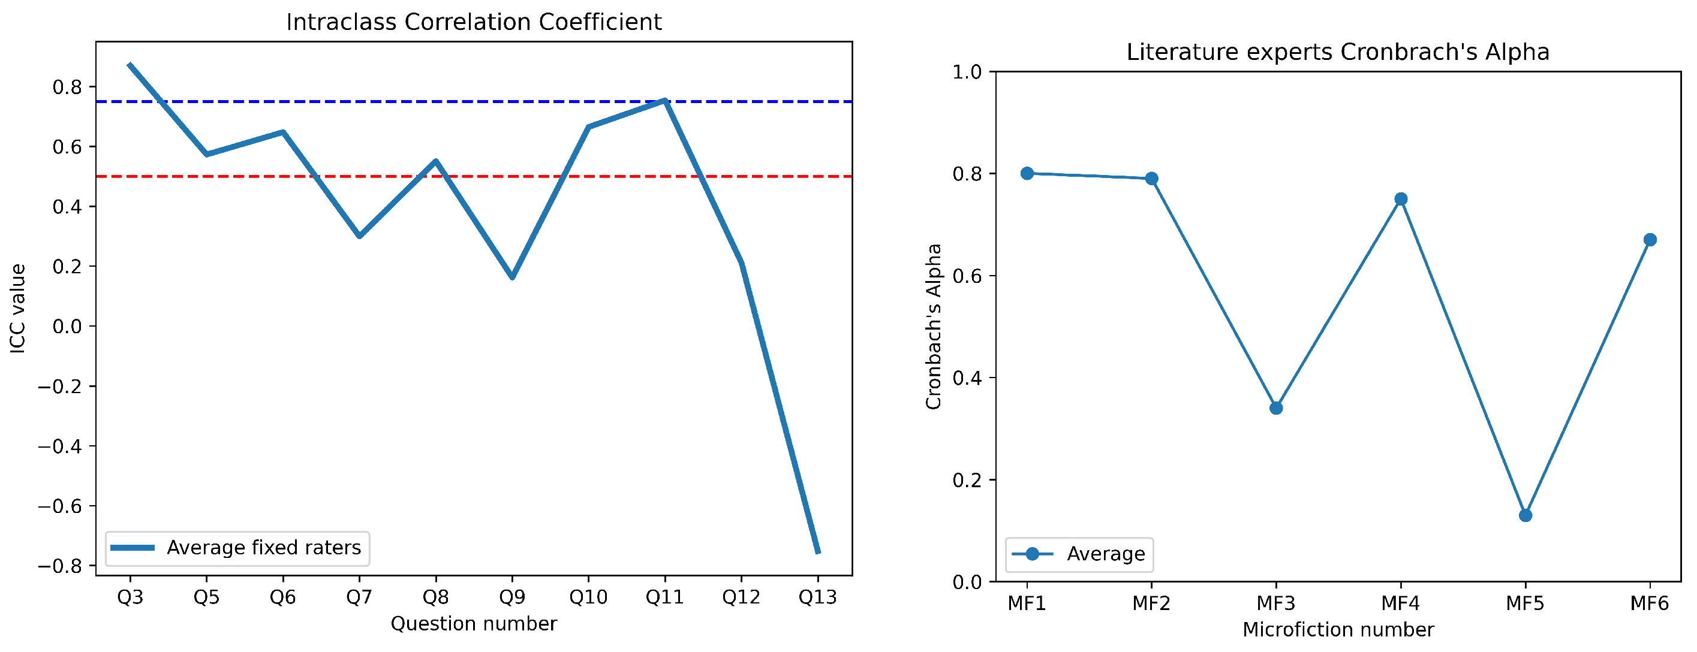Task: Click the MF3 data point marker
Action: tap(1276, 408)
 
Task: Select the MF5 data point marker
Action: tap(1525, 515)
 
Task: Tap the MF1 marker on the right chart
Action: tap(1027, 173)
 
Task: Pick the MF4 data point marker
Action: tap(1401, 199)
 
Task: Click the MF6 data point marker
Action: tap(1650, 240)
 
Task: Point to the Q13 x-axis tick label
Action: tap(817, 597)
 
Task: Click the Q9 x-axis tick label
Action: tap(512, 597)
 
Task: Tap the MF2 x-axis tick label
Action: tap(1151, 603)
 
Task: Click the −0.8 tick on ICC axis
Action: tap(64, 566)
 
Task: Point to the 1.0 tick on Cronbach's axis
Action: tap(967, 71)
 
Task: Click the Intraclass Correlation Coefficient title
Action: tap(474, 22)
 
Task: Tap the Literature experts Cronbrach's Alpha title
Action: tap(1337, 52)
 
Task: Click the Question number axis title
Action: tap(474, 624)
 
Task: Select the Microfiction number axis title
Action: tap(1337, 630)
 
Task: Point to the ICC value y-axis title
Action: tap(18, 308)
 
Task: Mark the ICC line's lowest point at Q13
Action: tap(817, 552)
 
